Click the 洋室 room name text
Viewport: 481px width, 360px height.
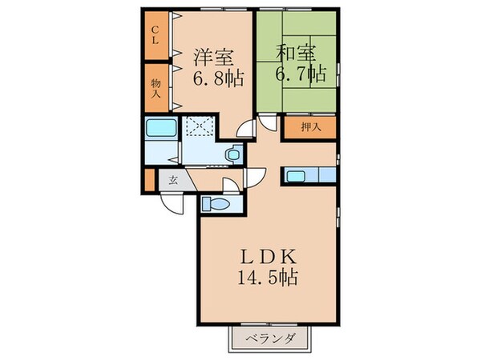tap(212, 57)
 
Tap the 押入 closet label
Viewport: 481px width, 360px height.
tap(311, 127)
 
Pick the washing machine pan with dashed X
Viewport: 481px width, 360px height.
tap(196, 127)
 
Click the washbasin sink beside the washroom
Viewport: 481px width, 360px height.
tap(232, 154)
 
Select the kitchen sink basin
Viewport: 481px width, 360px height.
tap(295, 175)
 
